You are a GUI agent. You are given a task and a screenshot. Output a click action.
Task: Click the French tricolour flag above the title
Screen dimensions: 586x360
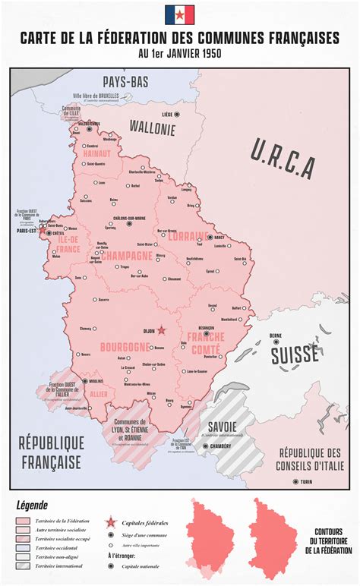(179, 14)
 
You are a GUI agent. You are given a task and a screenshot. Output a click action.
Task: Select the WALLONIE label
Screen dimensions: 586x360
(152, 128)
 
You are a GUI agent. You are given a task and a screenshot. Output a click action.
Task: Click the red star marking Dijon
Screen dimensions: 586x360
(161, 330)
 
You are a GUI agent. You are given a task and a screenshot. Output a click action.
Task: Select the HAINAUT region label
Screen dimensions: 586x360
(96, 153)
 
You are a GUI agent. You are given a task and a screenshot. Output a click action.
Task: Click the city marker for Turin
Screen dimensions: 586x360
(296, 481)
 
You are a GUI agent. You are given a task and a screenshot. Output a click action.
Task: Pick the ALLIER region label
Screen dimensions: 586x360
(99, 395)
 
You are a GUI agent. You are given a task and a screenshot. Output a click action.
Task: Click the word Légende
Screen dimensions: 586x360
(31, 505)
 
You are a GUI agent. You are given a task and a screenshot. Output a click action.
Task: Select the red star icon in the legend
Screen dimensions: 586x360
(111, 522)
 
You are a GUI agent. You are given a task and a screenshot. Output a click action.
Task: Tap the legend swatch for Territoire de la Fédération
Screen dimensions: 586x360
(26, 521)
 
